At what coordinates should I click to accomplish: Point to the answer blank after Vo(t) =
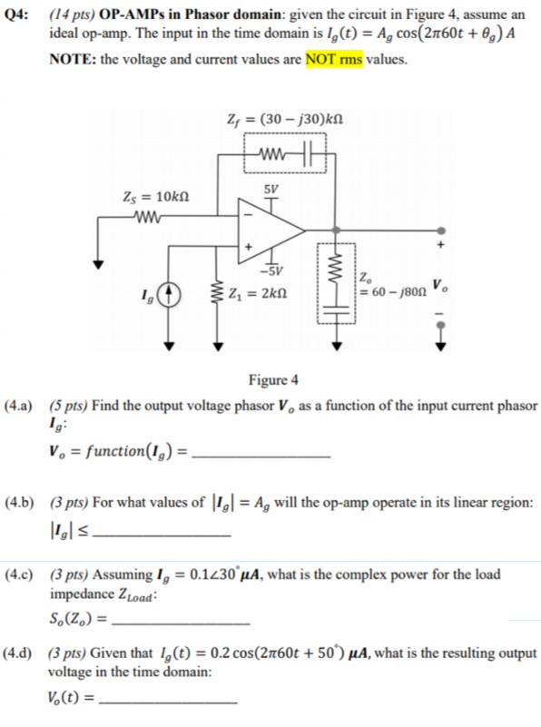169,702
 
